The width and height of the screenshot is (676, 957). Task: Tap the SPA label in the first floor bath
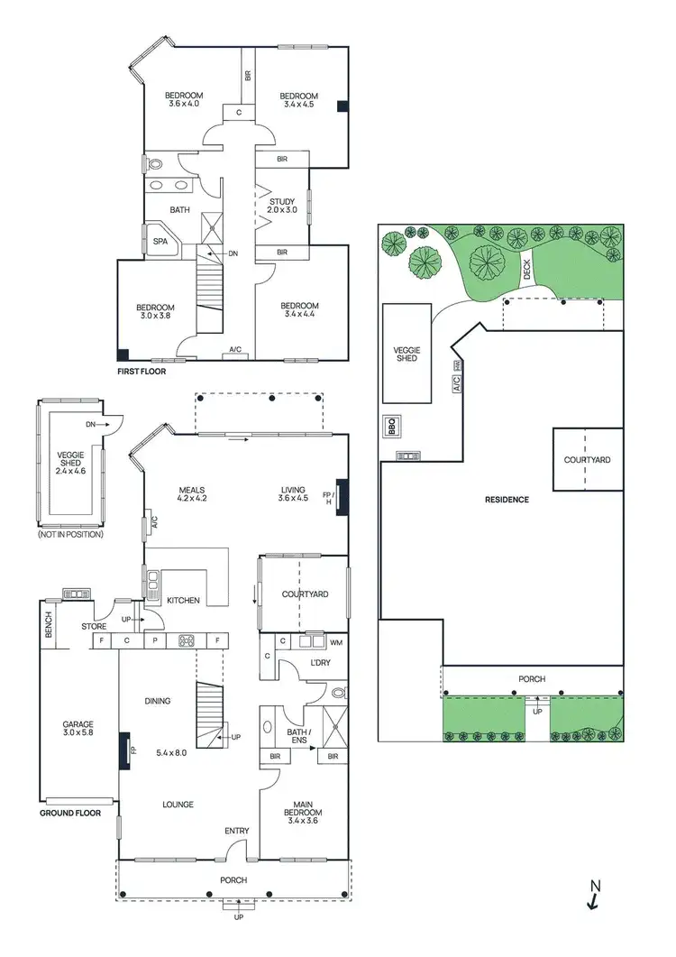coord(160,242)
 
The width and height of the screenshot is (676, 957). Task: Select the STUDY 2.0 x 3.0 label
coord(283,207)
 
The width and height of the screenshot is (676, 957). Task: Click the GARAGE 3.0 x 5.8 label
coord(78,730)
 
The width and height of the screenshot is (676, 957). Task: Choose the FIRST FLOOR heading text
coord(142,371)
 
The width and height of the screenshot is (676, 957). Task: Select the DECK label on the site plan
coord(526,268)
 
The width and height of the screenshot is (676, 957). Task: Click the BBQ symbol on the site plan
coord(391,426)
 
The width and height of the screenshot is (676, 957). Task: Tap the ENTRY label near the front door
coord(236,832)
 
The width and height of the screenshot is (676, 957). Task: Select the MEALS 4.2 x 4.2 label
coord(192,493)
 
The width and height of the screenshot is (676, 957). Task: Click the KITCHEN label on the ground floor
coord(184,600)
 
